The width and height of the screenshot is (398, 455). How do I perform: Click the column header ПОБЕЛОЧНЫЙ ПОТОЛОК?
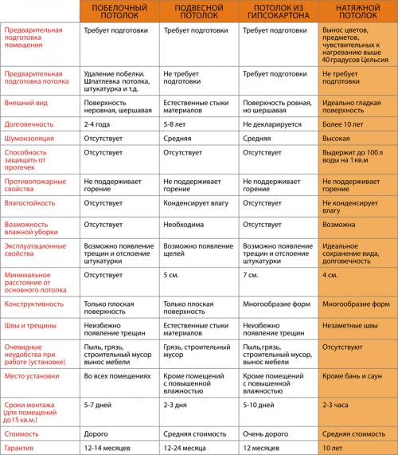point(119,10)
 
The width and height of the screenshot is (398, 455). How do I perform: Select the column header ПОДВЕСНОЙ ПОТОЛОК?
point(197,10)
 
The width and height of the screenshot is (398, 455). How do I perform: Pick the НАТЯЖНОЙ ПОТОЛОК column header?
point(357,10)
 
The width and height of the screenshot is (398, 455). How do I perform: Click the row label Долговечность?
point(29,124)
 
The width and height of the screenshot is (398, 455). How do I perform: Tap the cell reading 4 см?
point(331,275)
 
